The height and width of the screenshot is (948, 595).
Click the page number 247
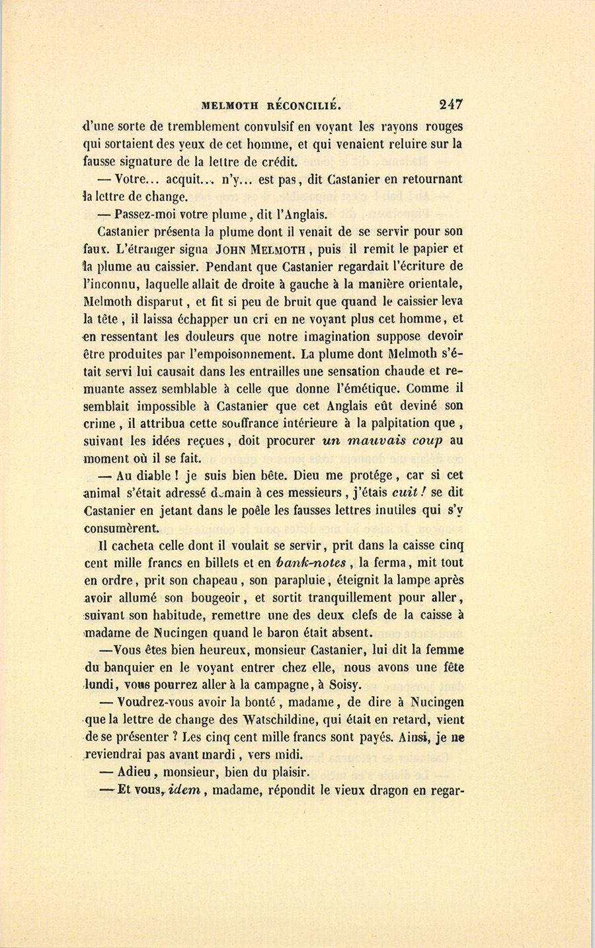pyautogui.click(x=450, y=104)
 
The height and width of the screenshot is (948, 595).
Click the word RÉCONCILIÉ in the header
pyautogui.click(x=307, y=104)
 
